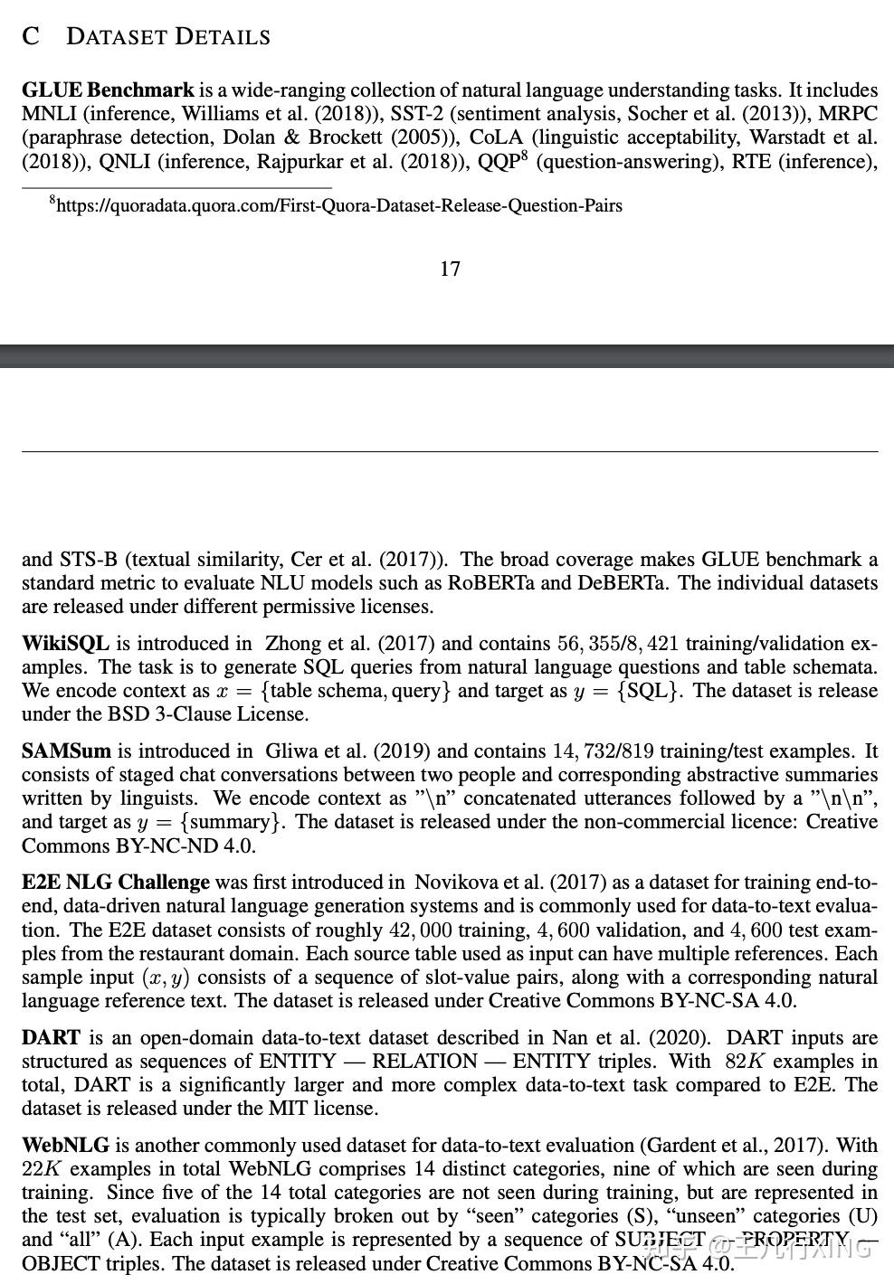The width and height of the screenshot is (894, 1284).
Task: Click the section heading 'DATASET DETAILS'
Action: coord(168,37)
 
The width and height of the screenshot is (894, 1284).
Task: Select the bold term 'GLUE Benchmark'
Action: coord(108,90)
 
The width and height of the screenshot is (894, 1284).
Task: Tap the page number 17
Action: coord(450,269)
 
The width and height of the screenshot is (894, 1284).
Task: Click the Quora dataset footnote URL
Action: coord(339,206)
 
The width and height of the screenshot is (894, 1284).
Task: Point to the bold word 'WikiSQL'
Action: coord(65,644)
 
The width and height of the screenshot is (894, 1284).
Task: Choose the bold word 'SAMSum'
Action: coord(66,751)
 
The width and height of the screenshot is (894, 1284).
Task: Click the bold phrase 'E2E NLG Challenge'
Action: coord(116,883)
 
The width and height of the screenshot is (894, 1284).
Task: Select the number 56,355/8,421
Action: coord(618,644)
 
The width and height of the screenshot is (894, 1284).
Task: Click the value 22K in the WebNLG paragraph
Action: coord(40,1169)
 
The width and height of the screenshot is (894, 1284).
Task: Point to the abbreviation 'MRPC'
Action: coord(848,114)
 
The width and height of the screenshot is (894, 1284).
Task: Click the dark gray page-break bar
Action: coord(447,355)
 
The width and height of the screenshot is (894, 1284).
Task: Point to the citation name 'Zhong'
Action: coord(291,644)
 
